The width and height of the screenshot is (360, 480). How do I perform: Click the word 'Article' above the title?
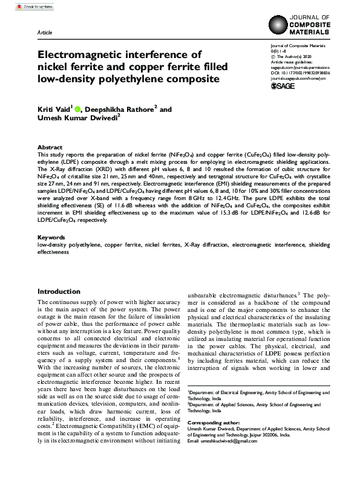click(x=45, y=31)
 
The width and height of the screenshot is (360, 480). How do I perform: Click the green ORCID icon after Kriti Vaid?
click(x=78, y=109)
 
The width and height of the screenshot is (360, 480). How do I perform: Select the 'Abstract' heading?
click(x=50, y=148)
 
